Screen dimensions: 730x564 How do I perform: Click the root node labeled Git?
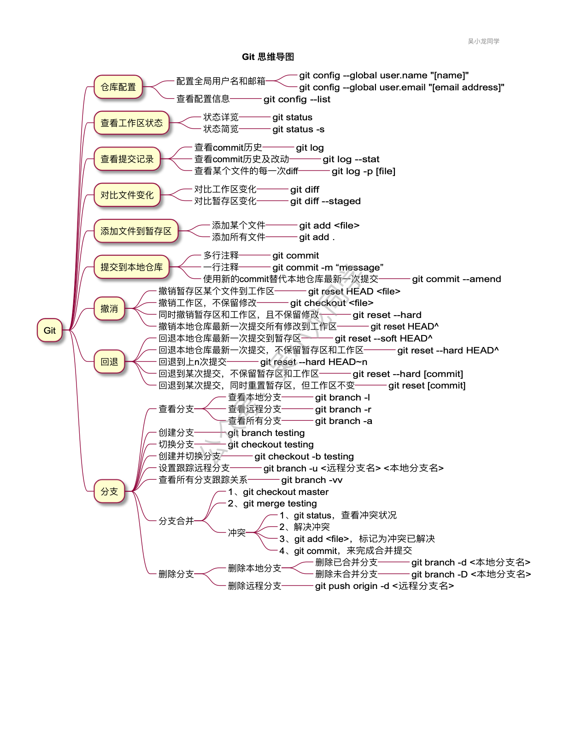(x=50, y=330)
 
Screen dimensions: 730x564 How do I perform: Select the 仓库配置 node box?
(x=118, y=87)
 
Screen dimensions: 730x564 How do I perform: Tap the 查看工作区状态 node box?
(x=131, y=123)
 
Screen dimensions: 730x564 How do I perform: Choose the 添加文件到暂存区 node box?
(x=136, y=231)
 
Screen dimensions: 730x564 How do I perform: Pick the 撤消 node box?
(x=109, y=309)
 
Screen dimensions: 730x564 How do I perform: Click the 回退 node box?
(x=109, y=362)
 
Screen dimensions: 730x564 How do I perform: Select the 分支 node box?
(x=109, y=491)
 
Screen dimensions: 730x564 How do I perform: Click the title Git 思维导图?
(x=268, y=57)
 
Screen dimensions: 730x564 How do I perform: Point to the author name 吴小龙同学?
(x=483, y=41)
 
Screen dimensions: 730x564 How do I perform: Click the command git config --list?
(x=297, y=99)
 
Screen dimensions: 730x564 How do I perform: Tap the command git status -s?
(x=298, y=129)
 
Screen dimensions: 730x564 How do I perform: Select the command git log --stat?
(x=351, y=159)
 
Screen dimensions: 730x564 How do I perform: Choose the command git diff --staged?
(x=325, y=201)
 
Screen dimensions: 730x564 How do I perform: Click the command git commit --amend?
(x=456, y=279)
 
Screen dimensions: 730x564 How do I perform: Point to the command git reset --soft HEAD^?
(x=383, y=338)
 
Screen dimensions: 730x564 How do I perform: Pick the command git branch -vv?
(x=311, y=480)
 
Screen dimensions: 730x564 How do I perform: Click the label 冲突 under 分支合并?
(x=237, y=533)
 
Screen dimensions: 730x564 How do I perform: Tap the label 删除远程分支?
(x=254, y=586)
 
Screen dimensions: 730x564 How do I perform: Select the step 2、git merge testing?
(x=272, y=503)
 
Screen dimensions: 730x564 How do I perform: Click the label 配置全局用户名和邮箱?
(x=221, y=81)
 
